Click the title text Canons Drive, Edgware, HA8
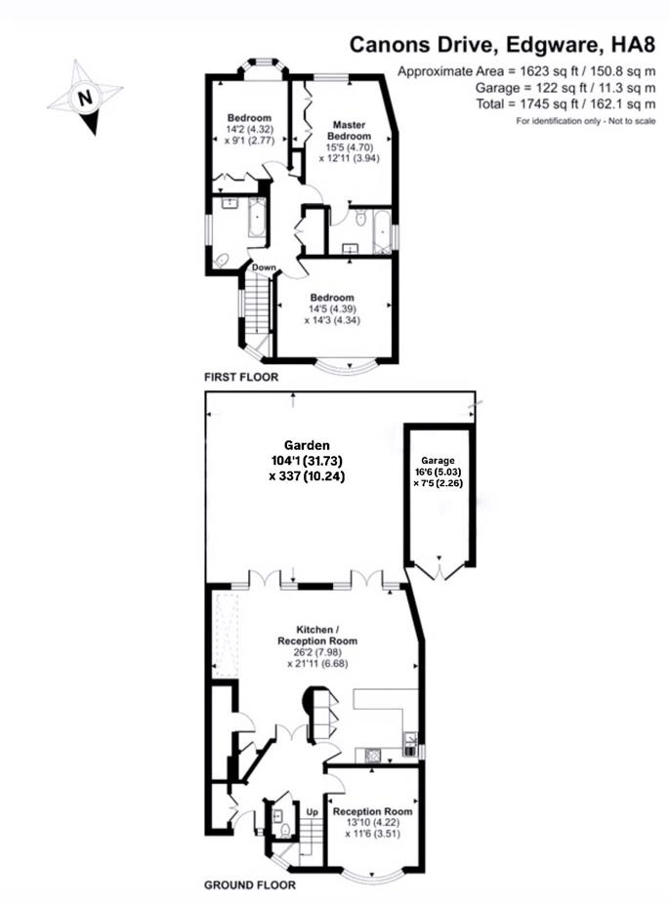503,45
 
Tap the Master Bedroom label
348,131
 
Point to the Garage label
439,460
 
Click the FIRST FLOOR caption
240,376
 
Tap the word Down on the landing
263,267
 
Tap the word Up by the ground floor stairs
314,811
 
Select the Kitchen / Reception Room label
314,636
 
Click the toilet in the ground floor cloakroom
284,830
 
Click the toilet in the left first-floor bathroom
222,261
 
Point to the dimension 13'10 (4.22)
372,823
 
